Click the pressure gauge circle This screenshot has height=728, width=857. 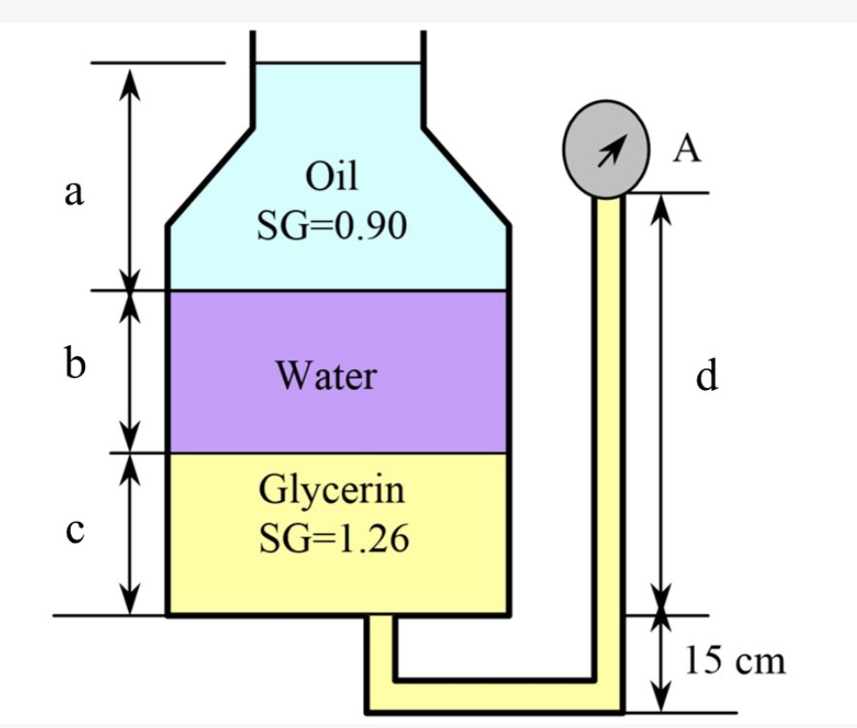606,148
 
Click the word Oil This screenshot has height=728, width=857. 332,178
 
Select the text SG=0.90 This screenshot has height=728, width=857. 333,227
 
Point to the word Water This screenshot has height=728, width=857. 326,376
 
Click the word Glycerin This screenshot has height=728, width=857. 333,490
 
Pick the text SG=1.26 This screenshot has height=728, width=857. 333,539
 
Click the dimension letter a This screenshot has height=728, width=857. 76,191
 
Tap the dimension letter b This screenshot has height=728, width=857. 75,366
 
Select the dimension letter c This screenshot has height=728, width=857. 76,531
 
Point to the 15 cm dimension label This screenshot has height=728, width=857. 735,662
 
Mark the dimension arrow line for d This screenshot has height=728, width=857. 661,403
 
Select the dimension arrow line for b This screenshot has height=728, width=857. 131,372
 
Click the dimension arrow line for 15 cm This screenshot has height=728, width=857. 661,663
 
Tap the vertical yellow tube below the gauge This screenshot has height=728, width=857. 608,403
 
